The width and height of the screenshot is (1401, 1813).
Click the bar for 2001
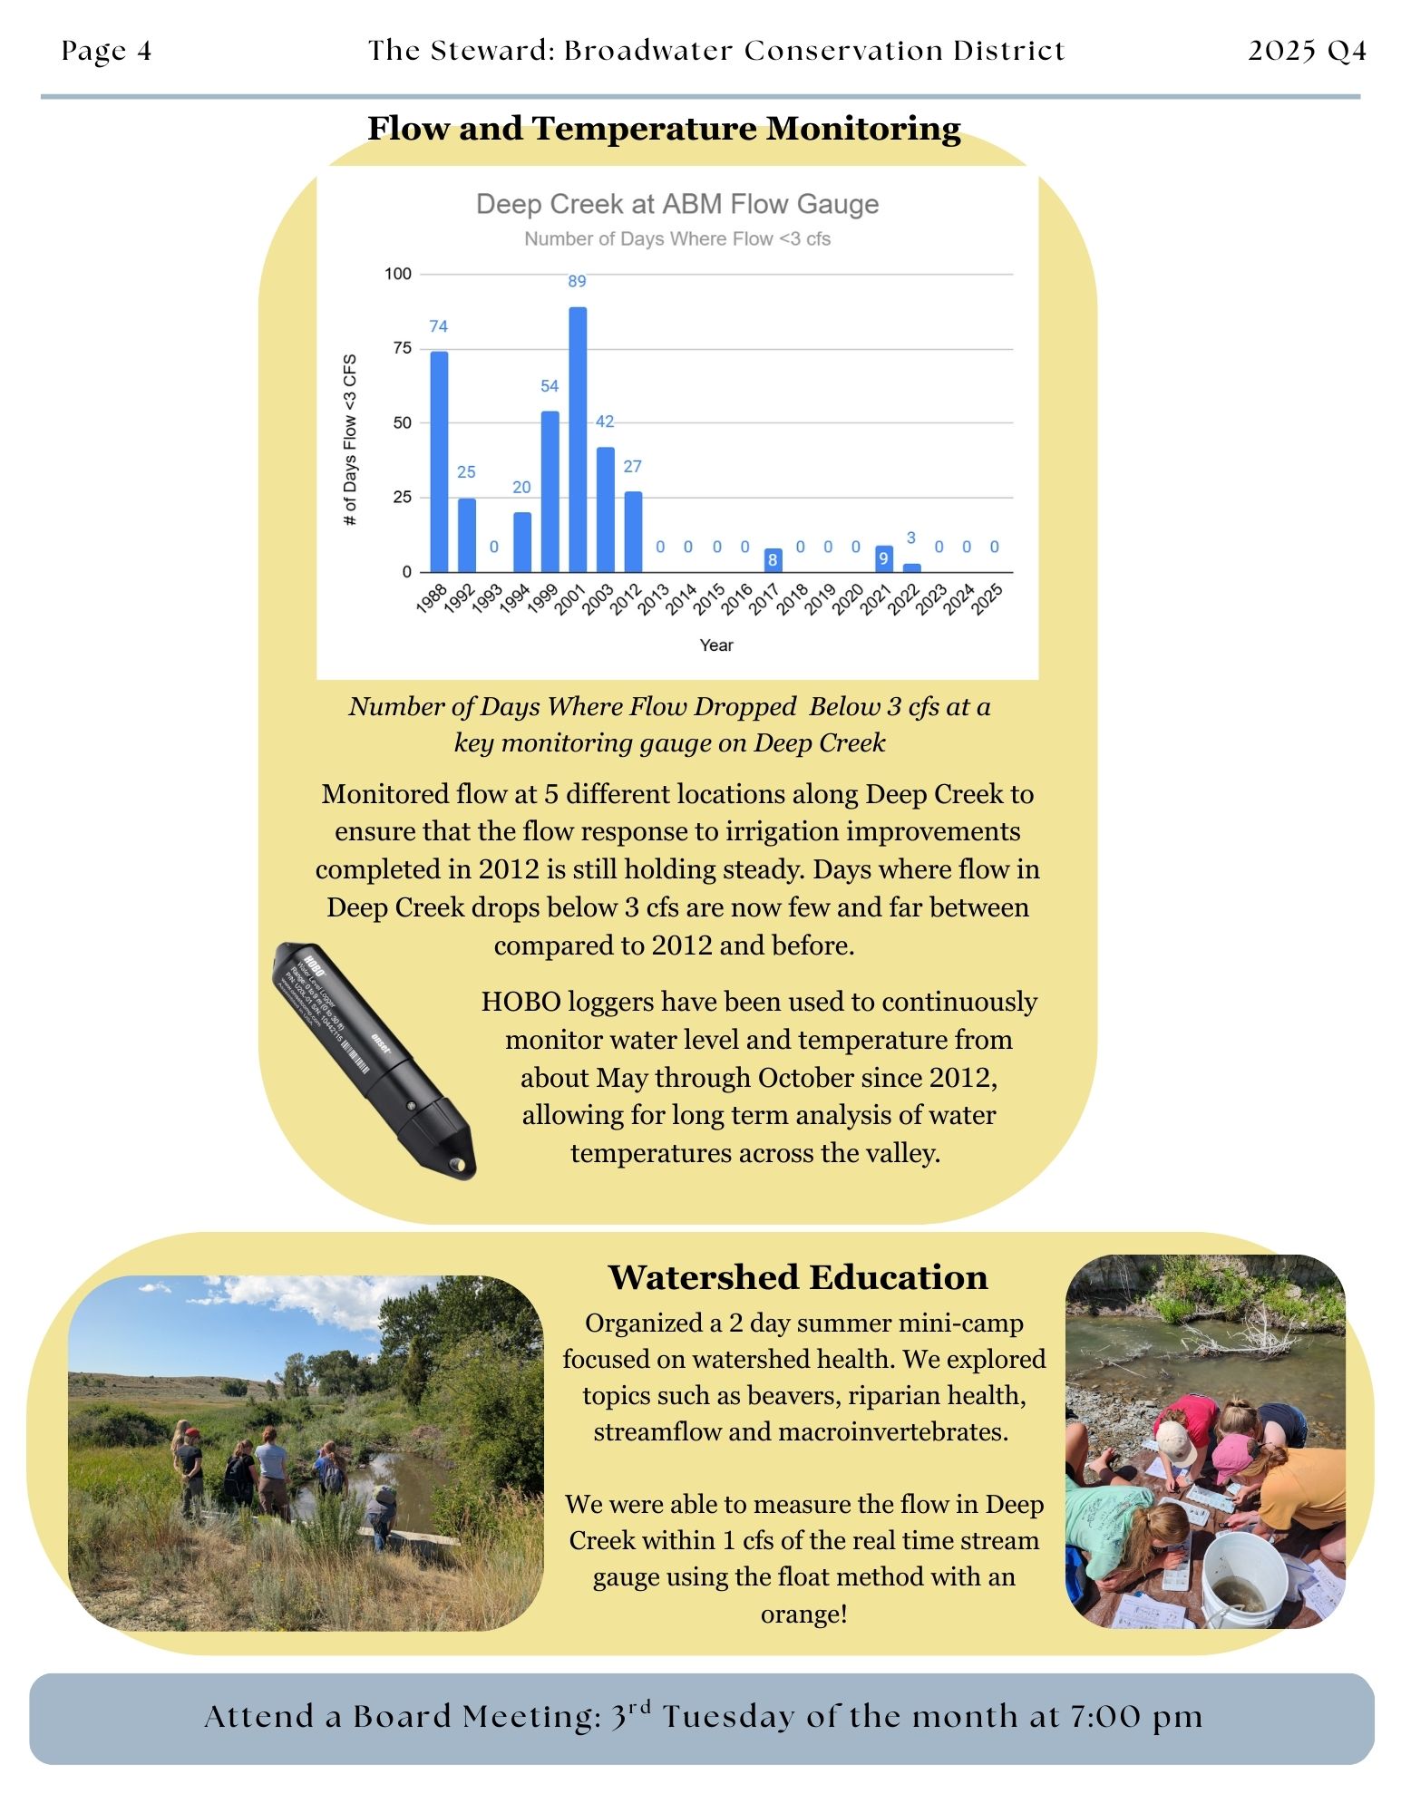pyautogui.click(x=578, y=440)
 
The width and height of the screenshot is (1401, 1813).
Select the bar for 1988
pyautogui.click(x=439, y=461)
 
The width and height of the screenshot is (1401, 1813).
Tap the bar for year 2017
pyautogui.click(x=773, y=560)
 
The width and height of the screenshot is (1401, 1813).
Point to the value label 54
pyautogui.click(x=550, y=386)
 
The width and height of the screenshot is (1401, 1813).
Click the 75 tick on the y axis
pyautogui.click(x=402, y=348)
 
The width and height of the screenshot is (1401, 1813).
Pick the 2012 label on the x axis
pyautogui.click(x=628, y=599)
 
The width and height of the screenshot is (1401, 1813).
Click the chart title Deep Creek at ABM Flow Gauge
pyautogui.click(x=677, y=204)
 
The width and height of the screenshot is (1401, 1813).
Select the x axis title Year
pyautogui.click(x=716, y=645)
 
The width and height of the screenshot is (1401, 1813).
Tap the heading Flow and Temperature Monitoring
pyautogui.click(x=664, y=128)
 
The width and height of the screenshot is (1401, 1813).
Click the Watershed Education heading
pyautogui.click(x=798, y=1277)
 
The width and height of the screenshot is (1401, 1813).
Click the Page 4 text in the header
pyautogui.click(x=107, y=51)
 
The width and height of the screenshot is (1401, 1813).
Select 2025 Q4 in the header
pyautogui.click(x=1307, y=51)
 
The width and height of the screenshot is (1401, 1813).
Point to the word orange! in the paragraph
pyautogui.click(x=804, y=1614)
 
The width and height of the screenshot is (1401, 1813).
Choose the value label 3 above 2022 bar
pyautogui.click(x=911, y=538)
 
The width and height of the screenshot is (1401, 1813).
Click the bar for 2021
pyautogui.click(x=883, y=558)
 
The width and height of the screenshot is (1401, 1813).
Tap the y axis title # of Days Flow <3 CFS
pyautogui.click(x=350, y=440)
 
